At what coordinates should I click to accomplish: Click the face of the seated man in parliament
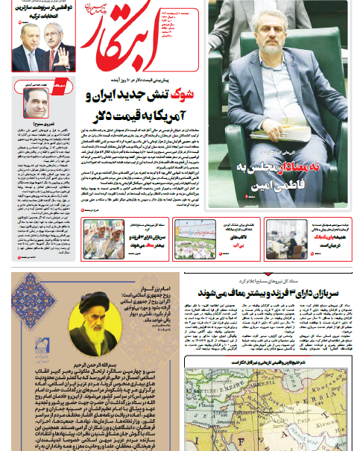269,38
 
